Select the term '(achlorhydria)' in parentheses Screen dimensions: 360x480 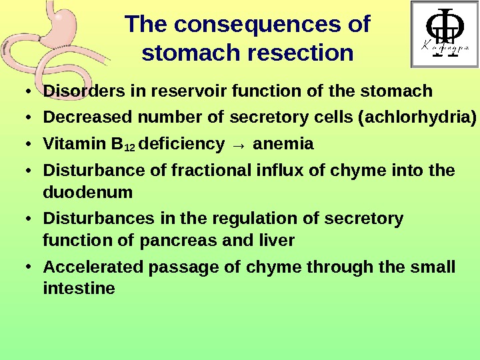click(417, 119)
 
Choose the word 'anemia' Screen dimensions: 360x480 click(284, 144)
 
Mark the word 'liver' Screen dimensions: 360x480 click(278, 239)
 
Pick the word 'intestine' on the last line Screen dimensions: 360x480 click(79, 289)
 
